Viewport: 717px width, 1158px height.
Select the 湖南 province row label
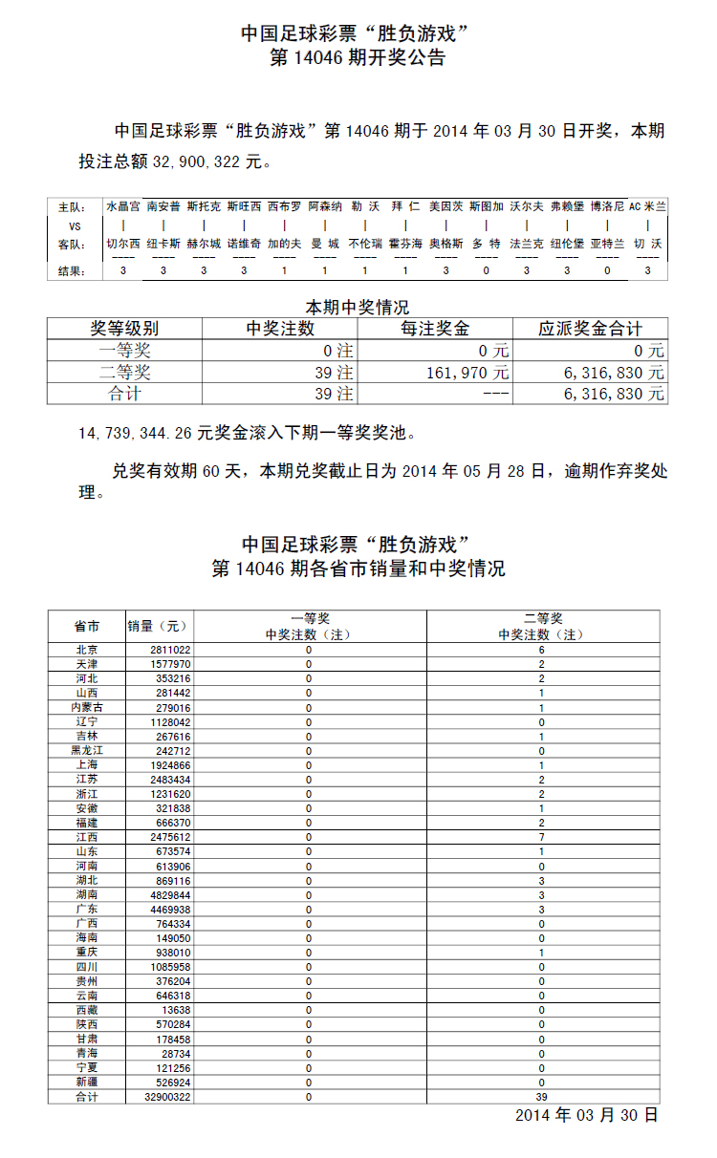[x=86, y=894]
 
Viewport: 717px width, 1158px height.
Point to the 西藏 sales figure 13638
[x=176, y=1009]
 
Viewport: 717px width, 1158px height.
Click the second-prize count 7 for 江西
[x=541, y=837]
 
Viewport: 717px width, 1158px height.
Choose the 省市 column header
[x=86, y=627]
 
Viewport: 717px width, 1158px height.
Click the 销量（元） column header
[x=159, y=627]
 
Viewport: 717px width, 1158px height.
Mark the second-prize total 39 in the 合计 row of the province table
[x=541, y=1097]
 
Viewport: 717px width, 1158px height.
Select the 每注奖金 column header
[x=434, y=329]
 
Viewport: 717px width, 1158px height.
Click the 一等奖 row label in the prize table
[x=124, y=351]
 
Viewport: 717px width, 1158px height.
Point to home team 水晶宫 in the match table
[x=122, y=206]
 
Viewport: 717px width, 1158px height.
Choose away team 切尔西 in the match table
[x=122, y=244]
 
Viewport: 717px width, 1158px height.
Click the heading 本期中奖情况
[x=357, y=308]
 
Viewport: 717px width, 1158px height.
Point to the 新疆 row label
[x=86, y=1082]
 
